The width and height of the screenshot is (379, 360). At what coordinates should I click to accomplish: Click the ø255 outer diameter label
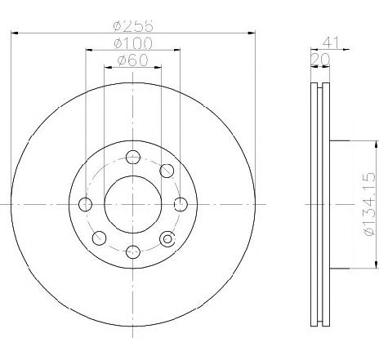133,25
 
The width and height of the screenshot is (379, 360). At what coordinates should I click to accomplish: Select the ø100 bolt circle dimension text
133,43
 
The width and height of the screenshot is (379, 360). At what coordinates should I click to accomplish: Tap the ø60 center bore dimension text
132,60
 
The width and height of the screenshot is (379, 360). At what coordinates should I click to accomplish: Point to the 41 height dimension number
331,42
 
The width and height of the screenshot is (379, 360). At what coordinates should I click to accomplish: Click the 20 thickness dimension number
320,60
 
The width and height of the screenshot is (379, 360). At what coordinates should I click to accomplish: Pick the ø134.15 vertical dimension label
369,204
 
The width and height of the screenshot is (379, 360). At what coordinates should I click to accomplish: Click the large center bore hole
133,204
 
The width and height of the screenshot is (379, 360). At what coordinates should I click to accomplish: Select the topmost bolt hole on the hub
133,157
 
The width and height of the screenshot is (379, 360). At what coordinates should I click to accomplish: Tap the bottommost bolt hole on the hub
133,251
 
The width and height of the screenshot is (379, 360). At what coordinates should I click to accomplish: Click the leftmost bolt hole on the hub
85,204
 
